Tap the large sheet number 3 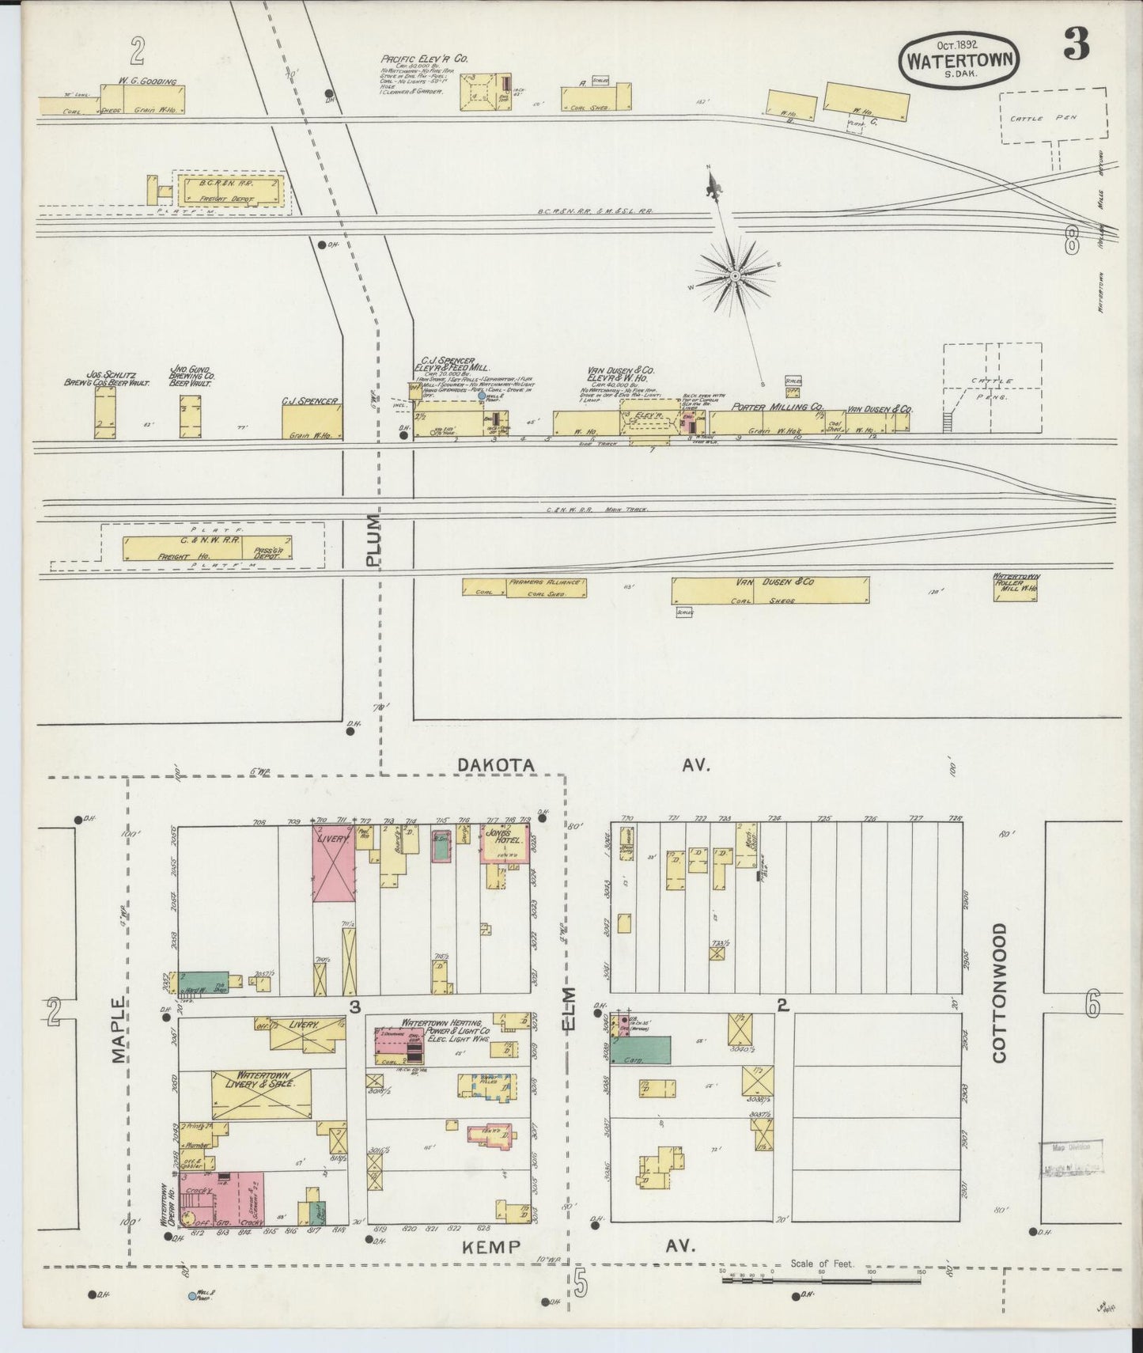1076,47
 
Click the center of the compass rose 735,276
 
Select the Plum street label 373,540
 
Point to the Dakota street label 496,765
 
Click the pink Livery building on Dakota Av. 331,862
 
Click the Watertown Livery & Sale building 261,1095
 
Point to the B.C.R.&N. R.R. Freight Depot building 230,191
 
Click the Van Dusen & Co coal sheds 770,589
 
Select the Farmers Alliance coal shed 524,587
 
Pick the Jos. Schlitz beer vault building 105,412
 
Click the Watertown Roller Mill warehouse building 1016,589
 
